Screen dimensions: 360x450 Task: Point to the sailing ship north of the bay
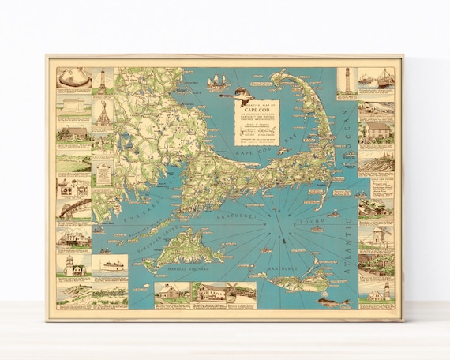tap(216, 82)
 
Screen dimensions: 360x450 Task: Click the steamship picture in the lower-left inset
tap(109, 264)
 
